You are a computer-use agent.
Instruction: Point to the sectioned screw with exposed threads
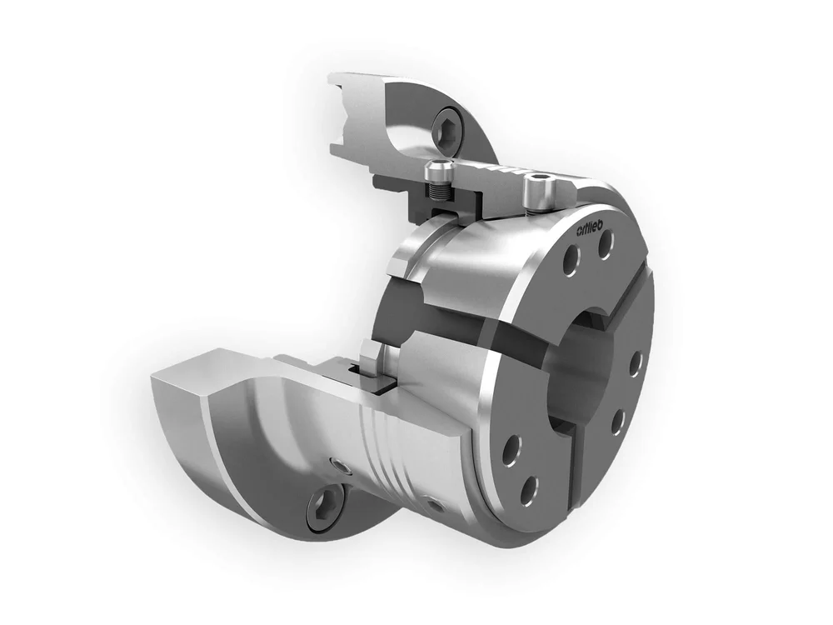[439, 187]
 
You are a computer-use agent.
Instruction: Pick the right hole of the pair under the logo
[606, 244]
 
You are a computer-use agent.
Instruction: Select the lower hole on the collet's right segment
[617, 422]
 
